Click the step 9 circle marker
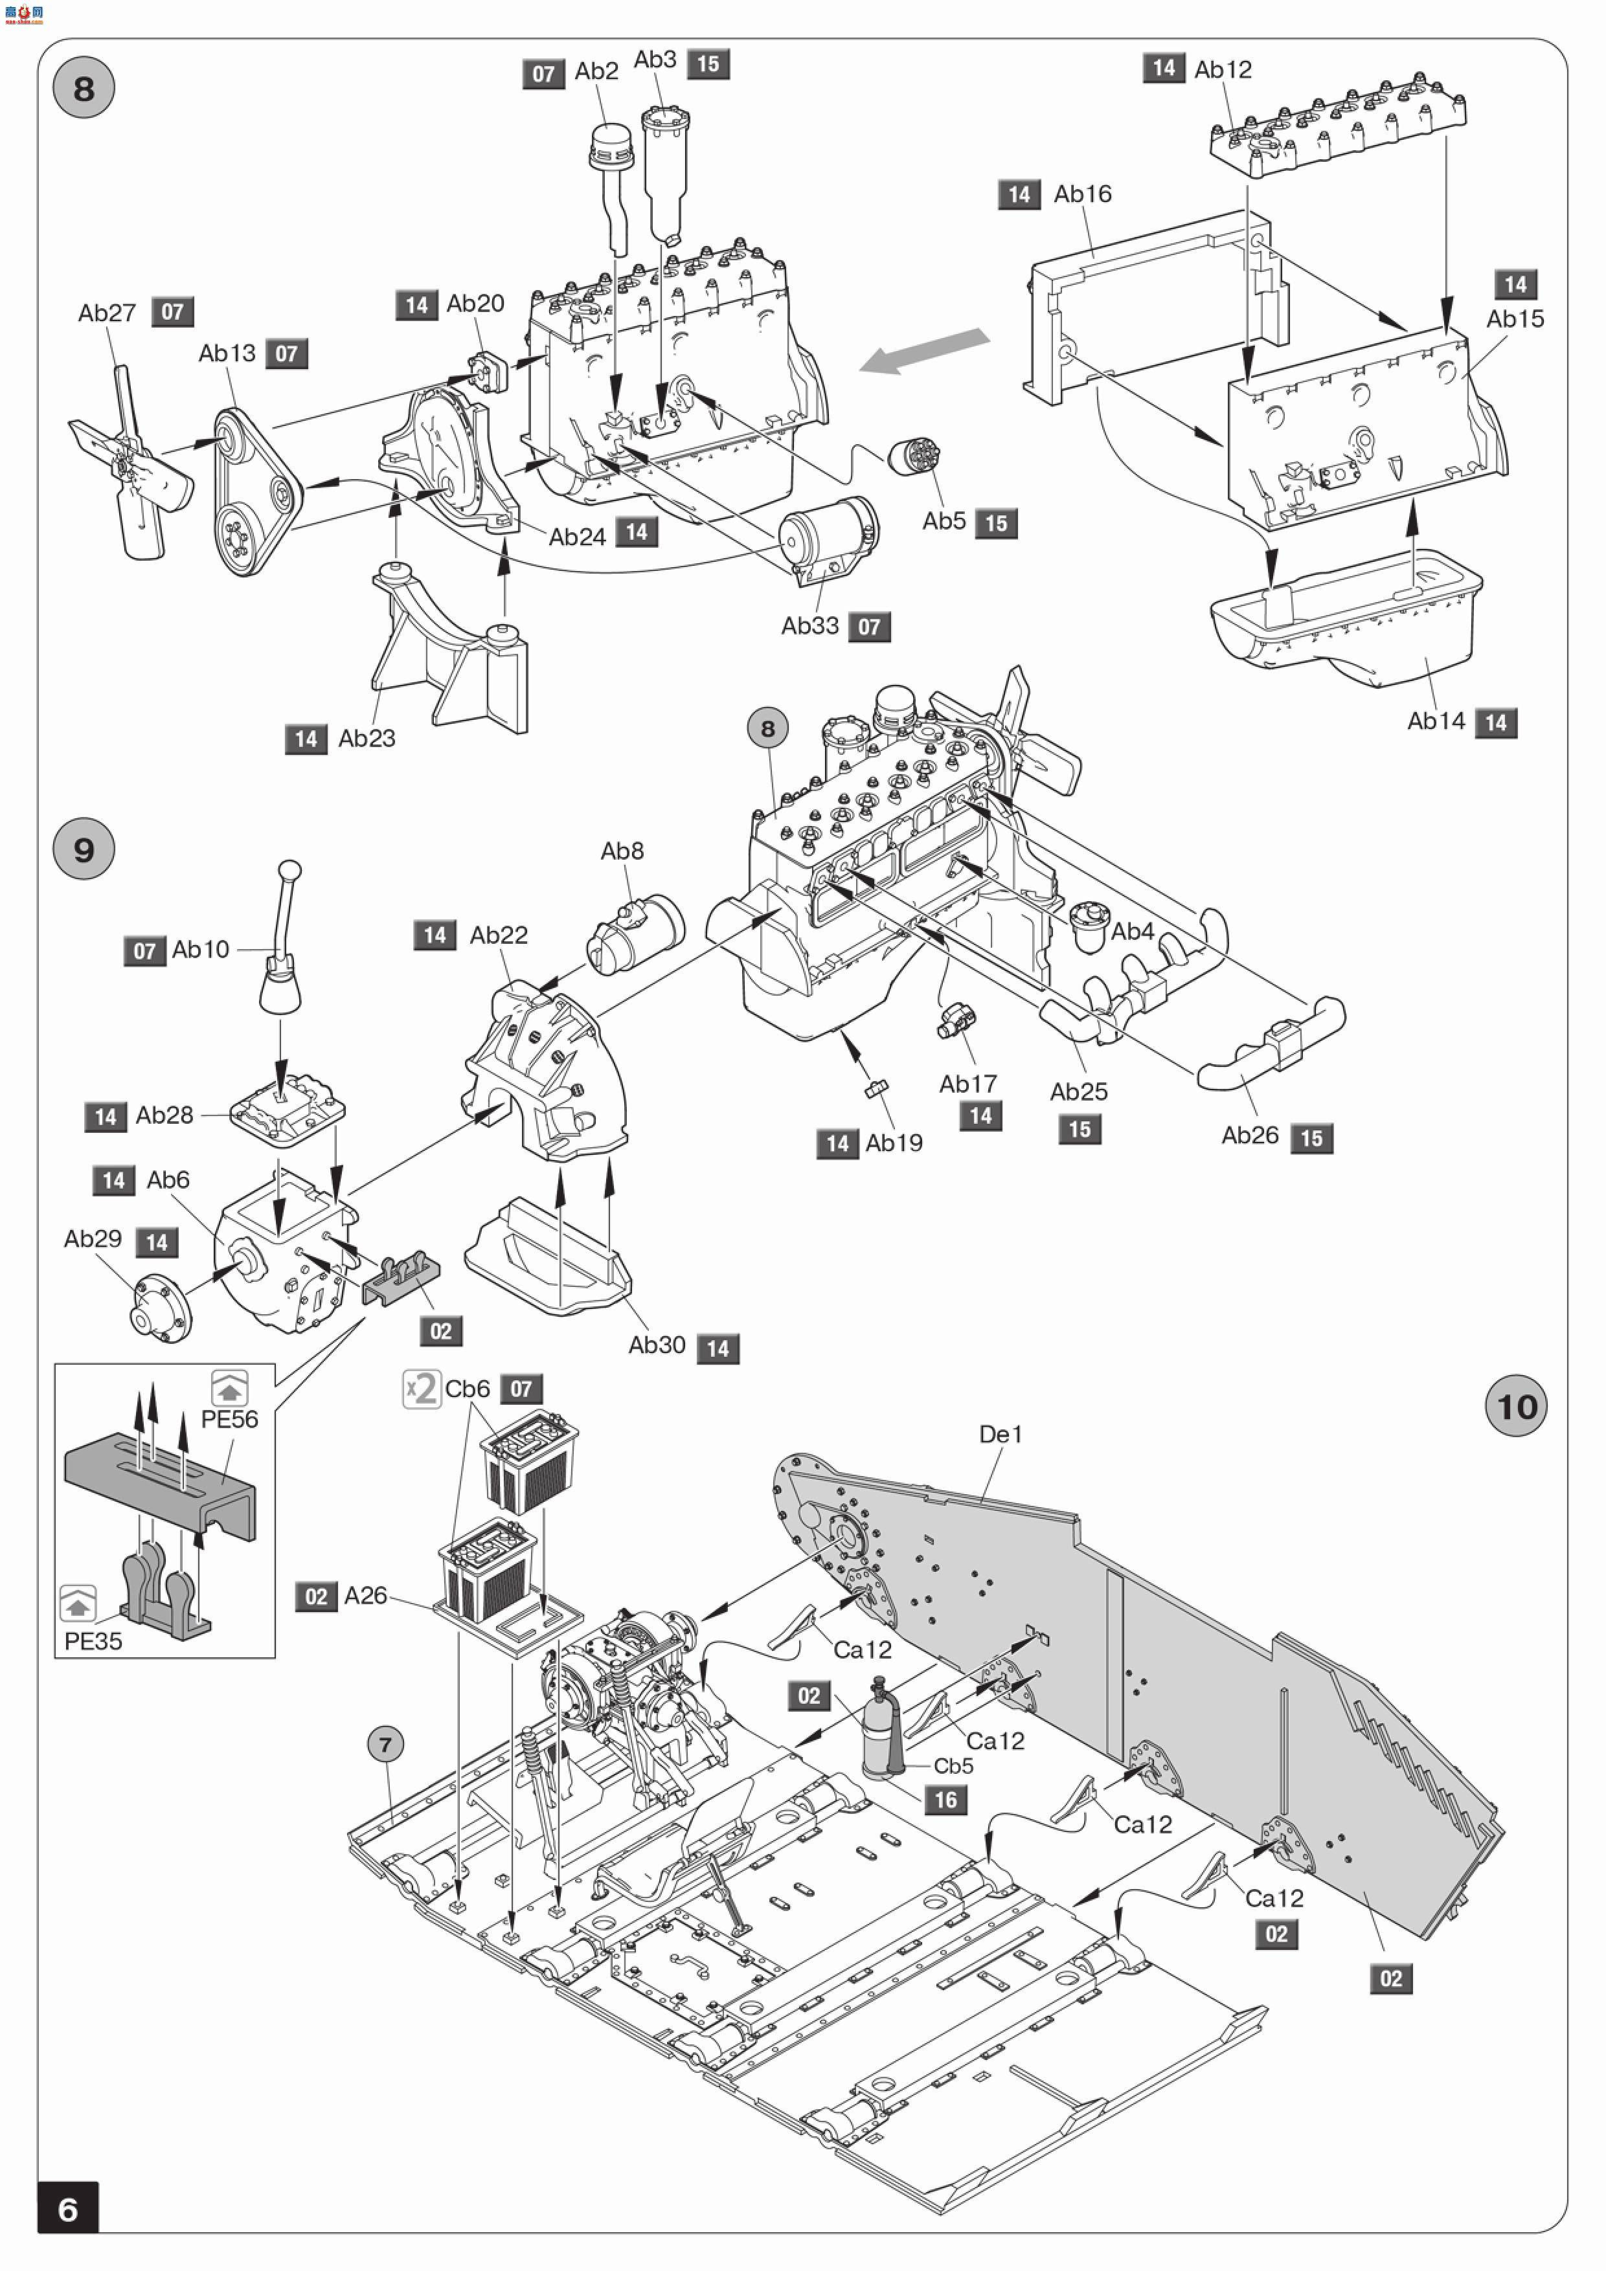pyautogui.click(x=84, y=849)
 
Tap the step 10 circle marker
pyautogui.click(x=1516, y=1405)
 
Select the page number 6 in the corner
pyautogui.click(x=68, y=2209)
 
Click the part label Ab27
pyautogui.click(x=107, y=313)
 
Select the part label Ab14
pyautogui.click(x=1436, y=721)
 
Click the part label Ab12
pyautogui.click(x=1223, y=69)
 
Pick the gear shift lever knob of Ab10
pyautogui.click(x=290, y=871)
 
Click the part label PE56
pyautogui.click(x=230, y=1419)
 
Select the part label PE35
pyautogui.click(x=93, y=1641)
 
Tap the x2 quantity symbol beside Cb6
pyautogui.click(x=422, y=1389)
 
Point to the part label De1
pyautogui.click(x=1001, y=1434)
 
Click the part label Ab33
pyautogui.click(x=810, y=626)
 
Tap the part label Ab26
pyautogui.click(x=1250, y=1135)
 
